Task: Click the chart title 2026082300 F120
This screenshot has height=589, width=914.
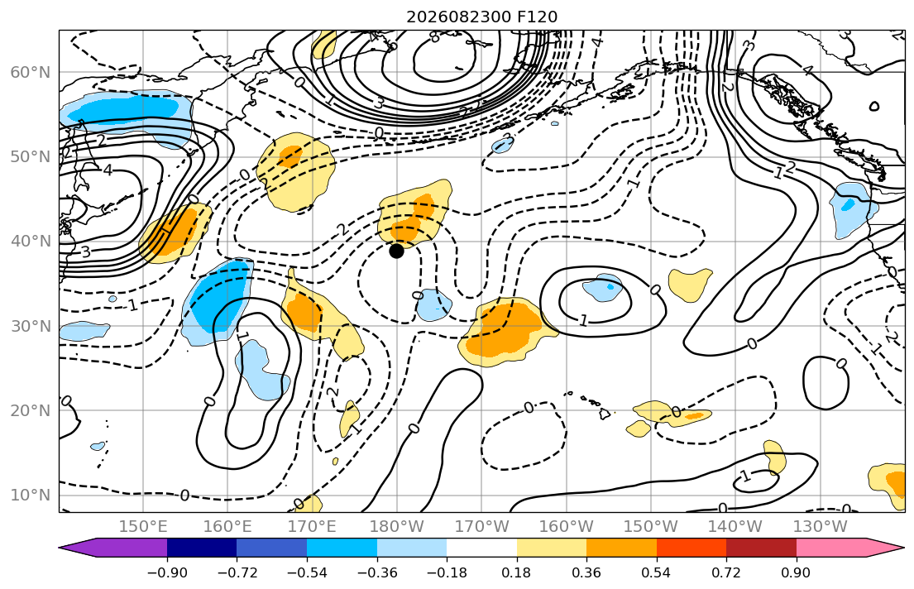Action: tap(481, 17)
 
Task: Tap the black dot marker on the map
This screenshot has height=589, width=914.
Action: tap(396, 251)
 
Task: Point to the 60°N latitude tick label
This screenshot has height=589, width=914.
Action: tap(31, 72)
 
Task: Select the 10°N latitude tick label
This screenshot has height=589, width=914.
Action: tap(31, 496)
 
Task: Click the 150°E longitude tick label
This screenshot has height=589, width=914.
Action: tap(143, 527)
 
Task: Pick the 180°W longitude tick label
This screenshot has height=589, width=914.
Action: tap(397, 527)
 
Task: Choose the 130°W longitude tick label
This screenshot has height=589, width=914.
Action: tap(821, 527)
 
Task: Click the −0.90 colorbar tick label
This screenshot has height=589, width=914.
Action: tap(167, 572)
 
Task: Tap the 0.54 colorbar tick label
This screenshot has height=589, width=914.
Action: tap(657, 572)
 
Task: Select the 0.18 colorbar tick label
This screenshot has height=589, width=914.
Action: tap(516, 572)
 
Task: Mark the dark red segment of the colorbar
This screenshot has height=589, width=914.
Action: tap(761, 548)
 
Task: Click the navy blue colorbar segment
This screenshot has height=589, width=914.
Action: tap(202, 548)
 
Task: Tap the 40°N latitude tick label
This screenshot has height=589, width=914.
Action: tap(31, 242)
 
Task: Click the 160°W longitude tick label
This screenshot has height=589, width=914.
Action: tap(566, 527)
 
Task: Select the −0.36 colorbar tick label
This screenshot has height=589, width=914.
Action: tap(376, 572)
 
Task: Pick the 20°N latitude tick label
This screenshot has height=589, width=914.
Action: tap(31, 410)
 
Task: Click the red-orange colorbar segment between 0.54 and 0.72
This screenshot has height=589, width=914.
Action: tap(691, 548)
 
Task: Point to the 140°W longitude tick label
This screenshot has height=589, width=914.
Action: tap(735, 527)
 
